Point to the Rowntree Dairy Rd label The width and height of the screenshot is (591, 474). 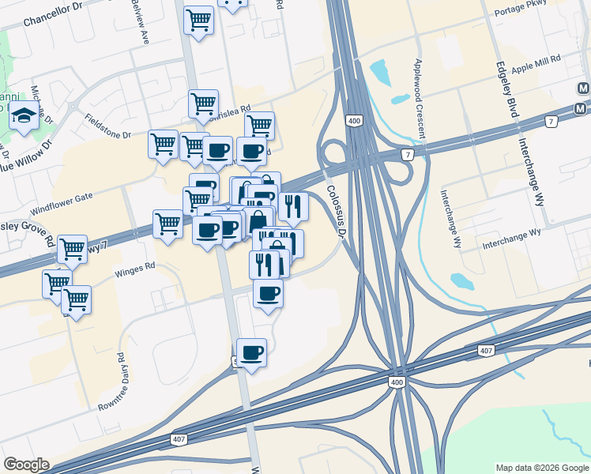point(111,382)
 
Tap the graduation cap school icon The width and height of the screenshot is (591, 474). point(24,116)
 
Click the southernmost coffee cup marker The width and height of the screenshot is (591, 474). point(251,352)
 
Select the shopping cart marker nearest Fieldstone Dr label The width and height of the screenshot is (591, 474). point(163,145)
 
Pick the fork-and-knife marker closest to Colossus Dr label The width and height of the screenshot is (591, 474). point(293,206)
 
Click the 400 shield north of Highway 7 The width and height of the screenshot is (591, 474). point(352,120)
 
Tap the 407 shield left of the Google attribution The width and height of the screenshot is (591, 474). point(179,438)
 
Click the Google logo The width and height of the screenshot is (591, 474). point(26,465)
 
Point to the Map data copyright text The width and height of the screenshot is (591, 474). point(542,468)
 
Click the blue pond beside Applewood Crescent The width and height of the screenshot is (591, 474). point(379,73)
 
